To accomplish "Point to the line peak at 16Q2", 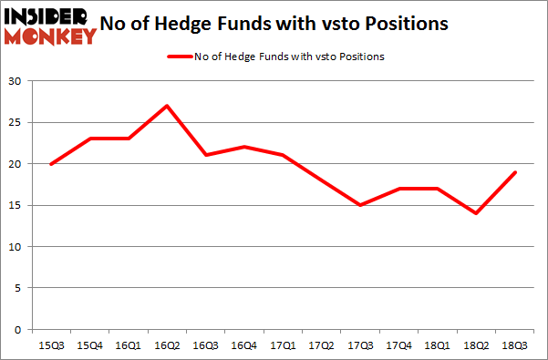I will point(167,106).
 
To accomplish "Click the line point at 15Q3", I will point(51,164).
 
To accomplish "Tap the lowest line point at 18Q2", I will point(476,213).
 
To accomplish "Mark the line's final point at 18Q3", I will point(515,172).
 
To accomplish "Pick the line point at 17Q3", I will point(360,205).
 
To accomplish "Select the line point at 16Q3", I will point(206,155).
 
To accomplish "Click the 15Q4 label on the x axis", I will point(89,345).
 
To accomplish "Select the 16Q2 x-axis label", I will point(167,345).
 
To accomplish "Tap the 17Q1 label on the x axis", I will point(283,345).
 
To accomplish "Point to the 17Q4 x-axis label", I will point(398,345).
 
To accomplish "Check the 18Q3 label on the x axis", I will point(514,345).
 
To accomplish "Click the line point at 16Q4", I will point(244,147).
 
